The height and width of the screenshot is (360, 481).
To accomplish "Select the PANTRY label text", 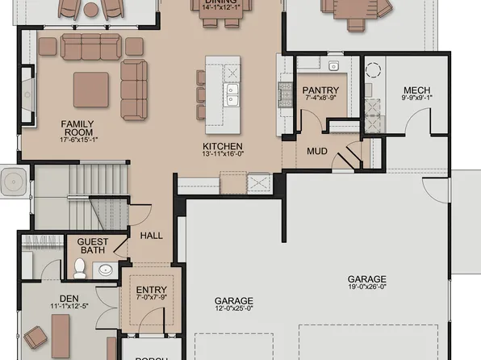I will pos(320,90).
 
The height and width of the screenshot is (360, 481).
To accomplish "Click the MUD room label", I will pos(317,150).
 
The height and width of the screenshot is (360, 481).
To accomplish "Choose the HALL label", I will pos(152,236).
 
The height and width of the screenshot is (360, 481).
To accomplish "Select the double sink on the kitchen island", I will pos(232,95).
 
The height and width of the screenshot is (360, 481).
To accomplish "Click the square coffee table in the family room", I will pos(90,90).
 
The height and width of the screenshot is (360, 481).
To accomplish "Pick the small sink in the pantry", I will pos(333,65).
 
